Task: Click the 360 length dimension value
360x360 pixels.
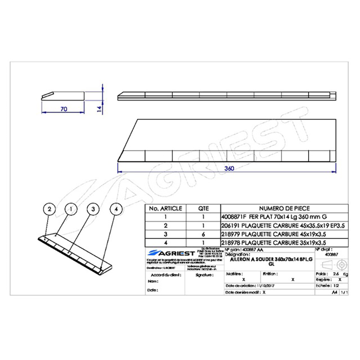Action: coord(229,168)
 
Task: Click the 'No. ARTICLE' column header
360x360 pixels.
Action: coord(165,208)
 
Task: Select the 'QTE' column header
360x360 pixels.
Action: coord(203,208)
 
